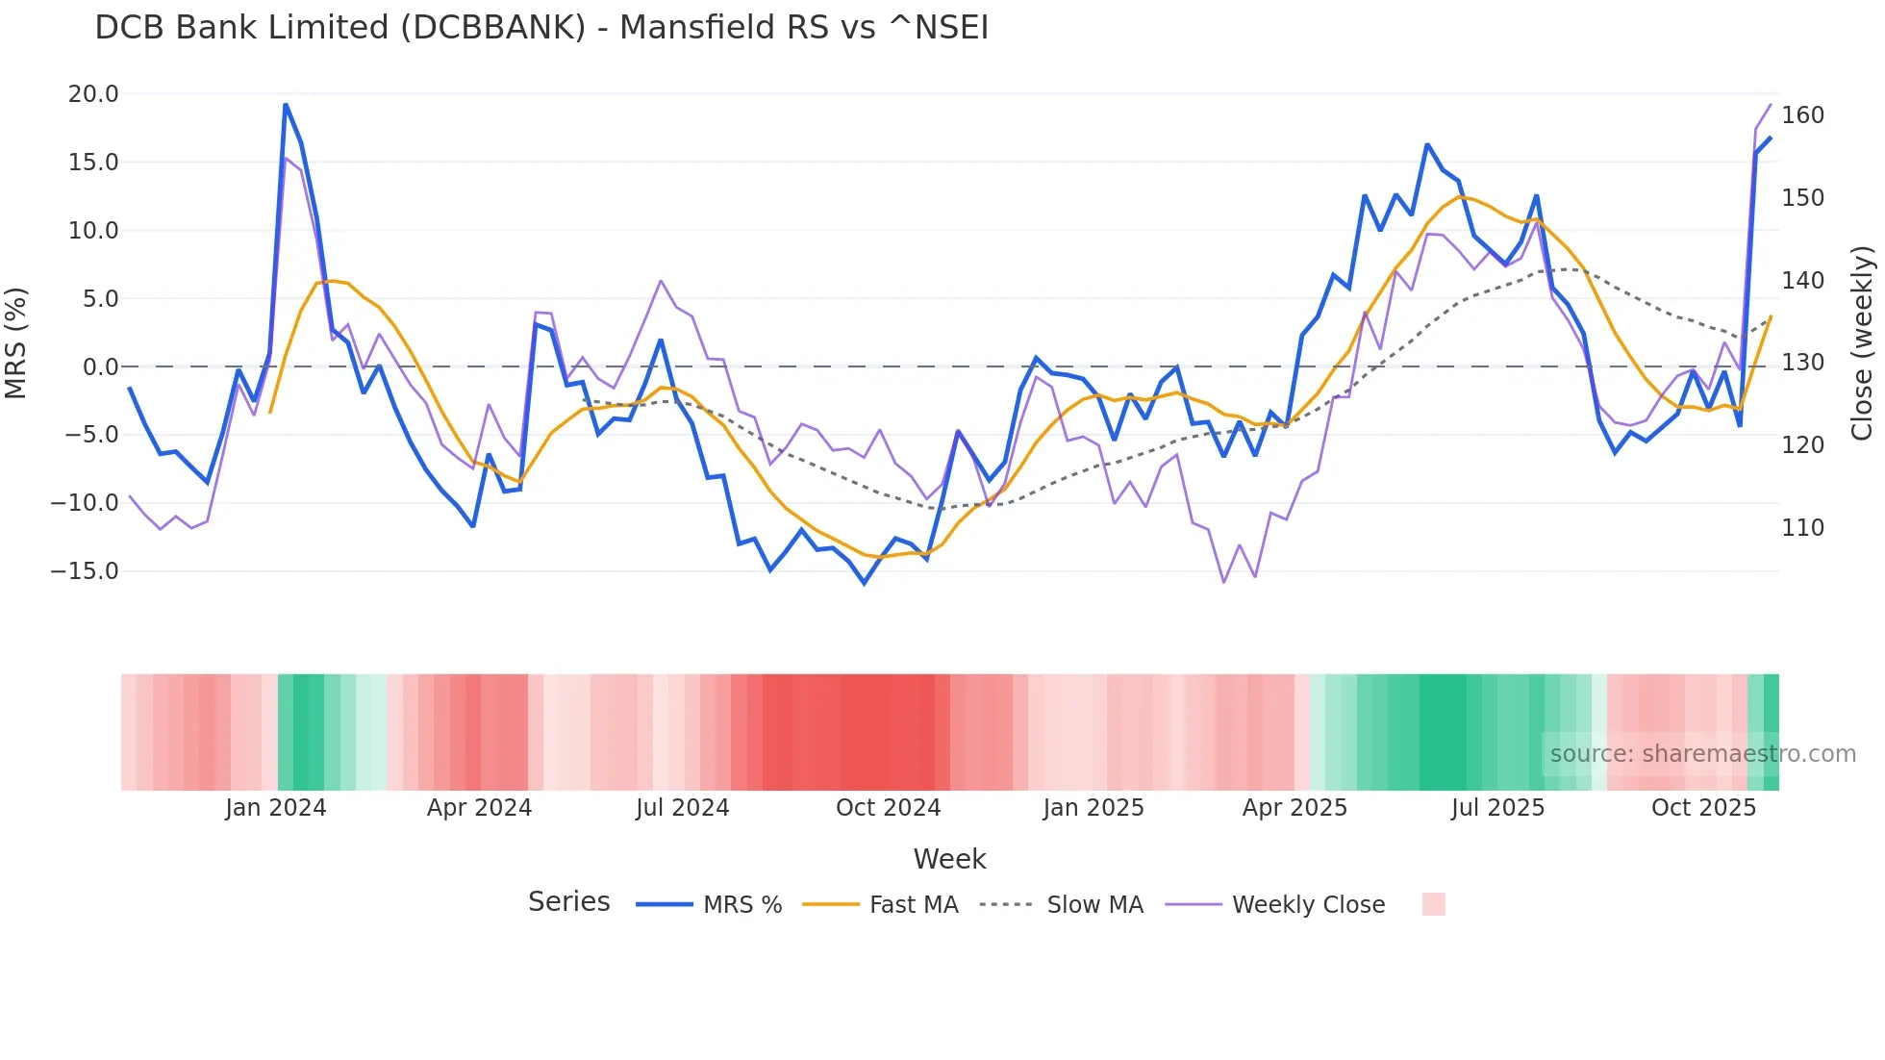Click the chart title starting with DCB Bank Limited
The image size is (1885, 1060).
[x=541, y=28]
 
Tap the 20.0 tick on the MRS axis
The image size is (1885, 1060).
[x=93, y=94]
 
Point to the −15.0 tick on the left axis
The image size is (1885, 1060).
[x=86, y=571]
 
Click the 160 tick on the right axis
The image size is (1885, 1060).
[x=1802, y=115]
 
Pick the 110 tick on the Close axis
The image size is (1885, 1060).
[x=1802, y=528]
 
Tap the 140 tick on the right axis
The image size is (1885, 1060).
[x=1802, y=281]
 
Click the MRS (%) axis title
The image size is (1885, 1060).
[x=16, y=343]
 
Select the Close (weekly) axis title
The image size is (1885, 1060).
[x=1862, y=343]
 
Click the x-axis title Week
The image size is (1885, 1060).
[x=949, y=859]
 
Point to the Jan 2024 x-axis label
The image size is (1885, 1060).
[x=276, y=808]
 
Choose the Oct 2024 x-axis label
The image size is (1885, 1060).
[x=888, y=808]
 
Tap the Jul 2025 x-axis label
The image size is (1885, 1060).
[x=1497, y=808]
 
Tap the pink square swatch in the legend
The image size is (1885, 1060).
[x=1433, y=904]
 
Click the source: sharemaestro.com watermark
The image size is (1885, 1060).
[x=1702, y=754]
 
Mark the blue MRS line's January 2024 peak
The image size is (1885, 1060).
[x=286, y=105]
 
